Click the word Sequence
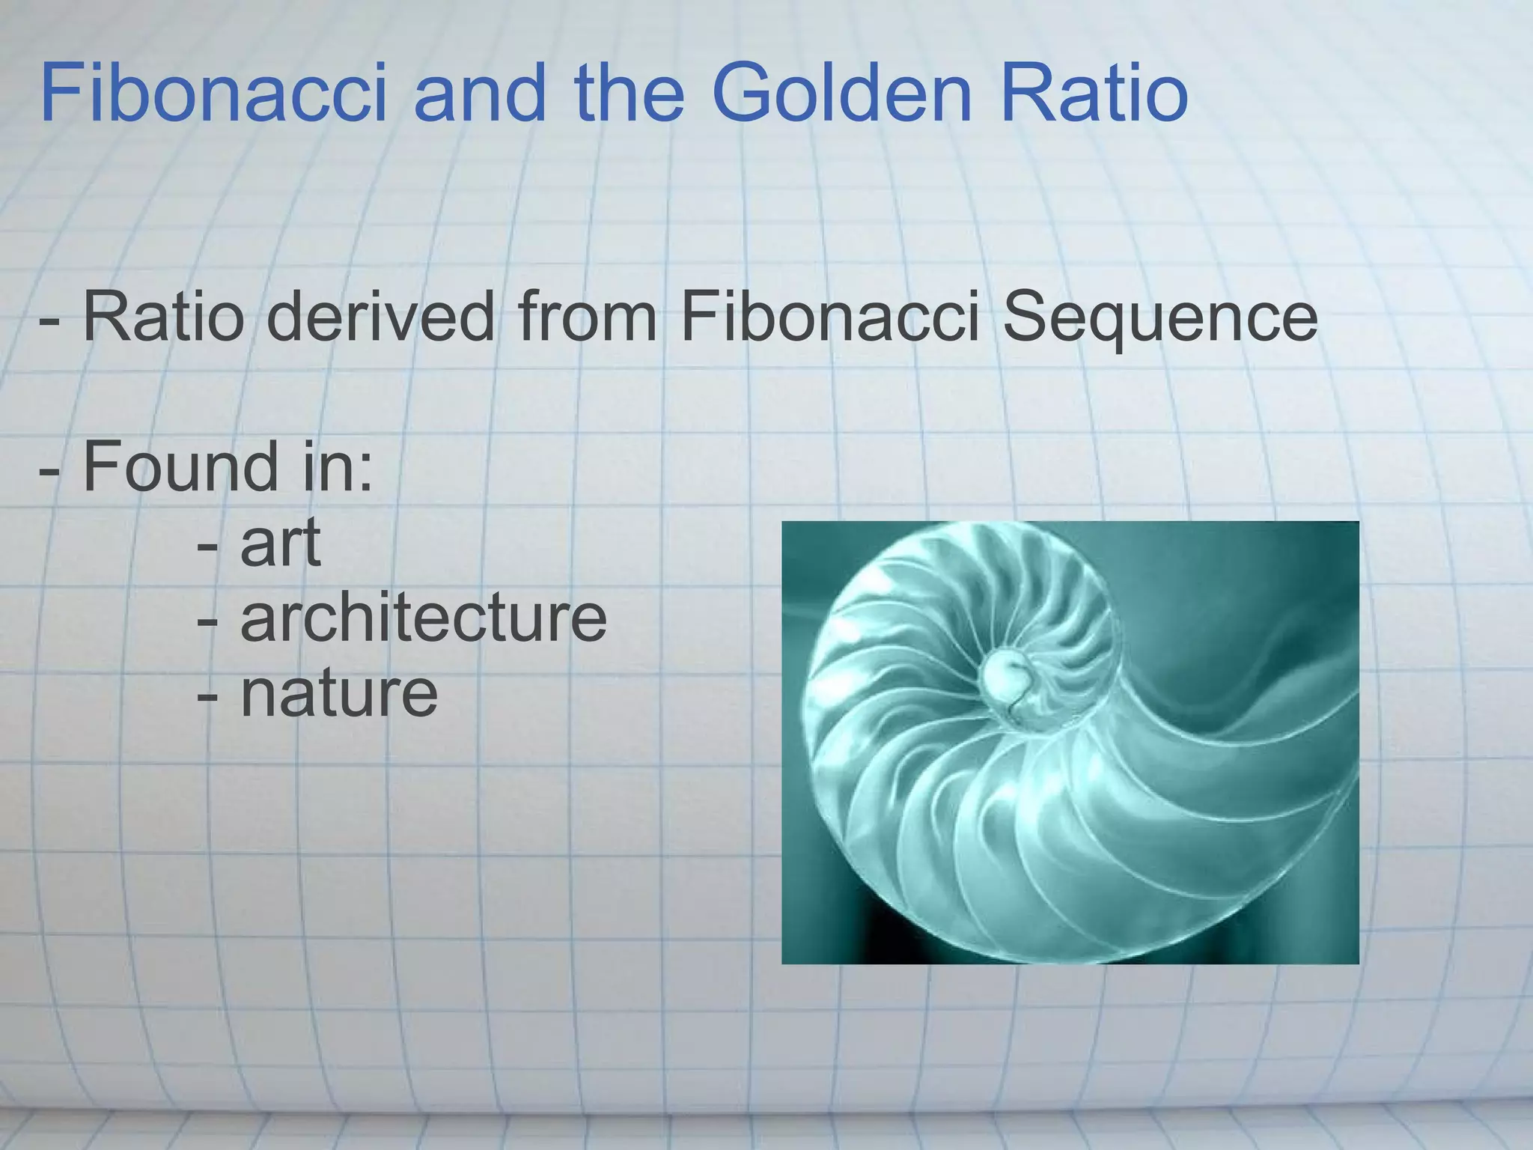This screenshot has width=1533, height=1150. point(1159,319)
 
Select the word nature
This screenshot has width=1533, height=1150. point(339,693)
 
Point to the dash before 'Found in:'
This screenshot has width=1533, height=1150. point(50,473)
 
